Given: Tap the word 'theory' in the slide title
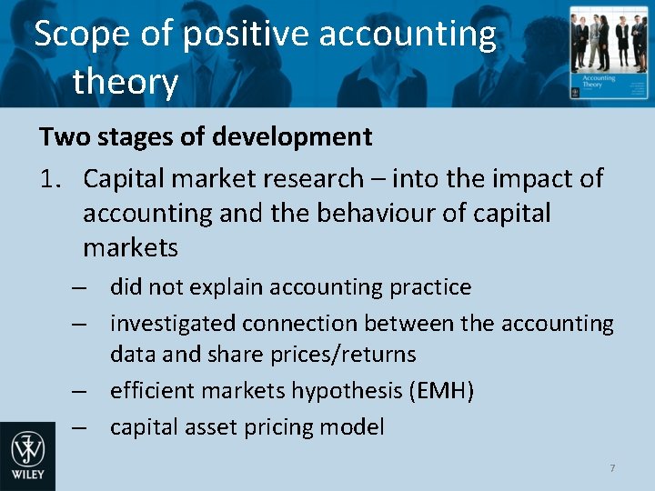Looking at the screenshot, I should (125, 83).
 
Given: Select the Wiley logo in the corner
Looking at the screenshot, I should (27, 456).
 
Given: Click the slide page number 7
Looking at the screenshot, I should (612, 468).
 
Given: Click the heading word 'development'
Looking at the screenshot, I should (292, 137).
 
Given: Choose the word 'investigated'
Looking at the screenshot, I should (170, 324).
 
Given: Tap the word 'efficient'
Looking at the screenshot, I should (151, 391).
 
